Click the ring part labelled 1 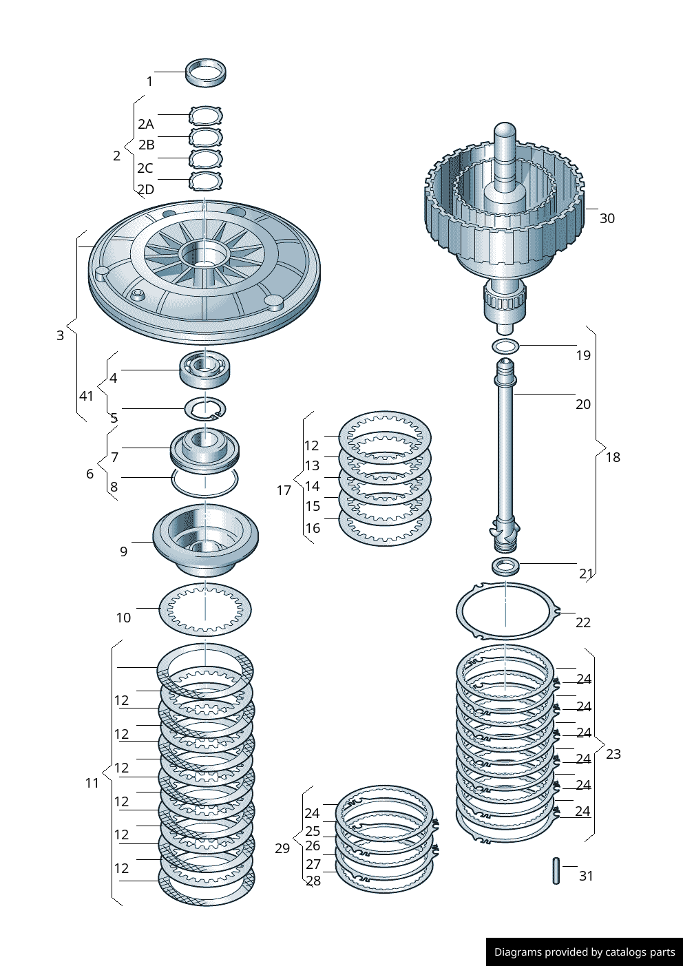tap(206, 72)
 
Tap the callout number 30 tap(607, 218)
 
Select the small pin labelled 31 tap(556, 870)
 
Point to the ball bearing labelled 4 tap(204, 370)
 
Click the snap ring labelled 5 tap(204, 409)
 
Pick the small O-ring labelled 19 tap(505, 346)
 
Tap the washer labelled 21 tap(505, 567)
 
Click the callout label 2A tap(145, 124)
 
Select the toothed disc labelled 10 tap(204, 609)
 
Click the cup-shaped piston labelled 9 tap(205, 539)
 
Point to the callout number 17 tap(284, 490)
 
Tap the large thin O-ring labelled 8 tap(204, 482)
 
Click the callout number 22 tap(582, 622)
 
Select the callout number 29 tap(282, 848)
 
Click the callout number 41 tap(86, 396)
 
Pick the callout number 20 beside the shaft tap(582, 404)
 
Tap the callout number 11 tap(92, 783)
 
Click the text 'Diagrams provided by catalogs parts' tap(585, 952)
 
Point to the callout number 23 tap(613, 754)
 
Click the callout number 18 tap(612, 457)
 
